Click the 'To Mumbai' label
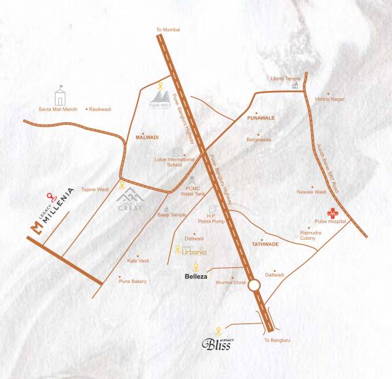[x=168, y=30]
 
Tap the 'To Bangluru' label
[x=276, y=340]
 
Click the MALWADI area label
[x=147, y=139]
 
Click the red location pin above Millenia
[x=48, y=195]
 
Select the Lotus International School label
[x=180, y=162]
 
